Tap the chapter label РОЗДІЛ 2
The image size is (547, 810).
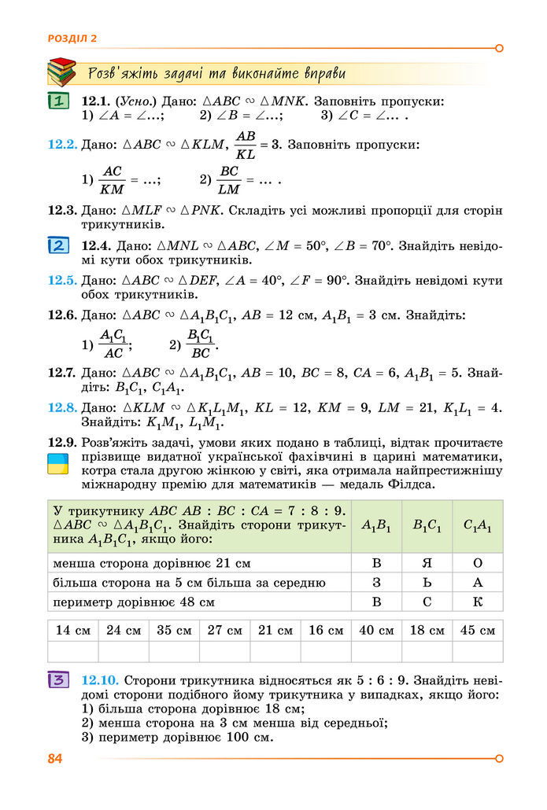coord(72,38)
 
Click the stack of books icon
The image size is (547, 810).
coord(61,72)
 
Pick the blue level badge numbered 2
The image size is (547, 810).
coord(58,245)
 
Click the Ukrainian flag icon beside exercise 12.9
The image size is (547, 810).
coord(58,463)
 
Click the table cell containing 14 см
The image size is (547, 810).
coord(73,630)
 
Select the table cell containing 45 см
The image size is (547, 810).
coord(477,630)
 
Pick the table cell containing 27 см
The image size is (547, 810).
coord(224,630)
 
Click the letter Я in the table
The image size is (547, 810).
coord(427,563)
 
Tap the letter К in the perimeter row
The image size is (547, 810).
coord(477,602)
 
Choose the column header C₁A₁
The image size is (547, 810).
coord(477,526)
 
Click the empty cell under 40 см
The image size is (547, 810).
coord(376,652)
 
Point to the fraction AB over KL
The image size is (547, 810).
coord(246,145)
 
